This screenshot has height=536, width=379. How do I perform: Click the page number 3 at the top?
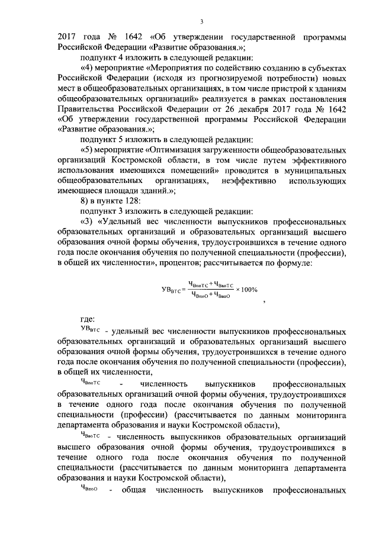coord(201,22)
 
